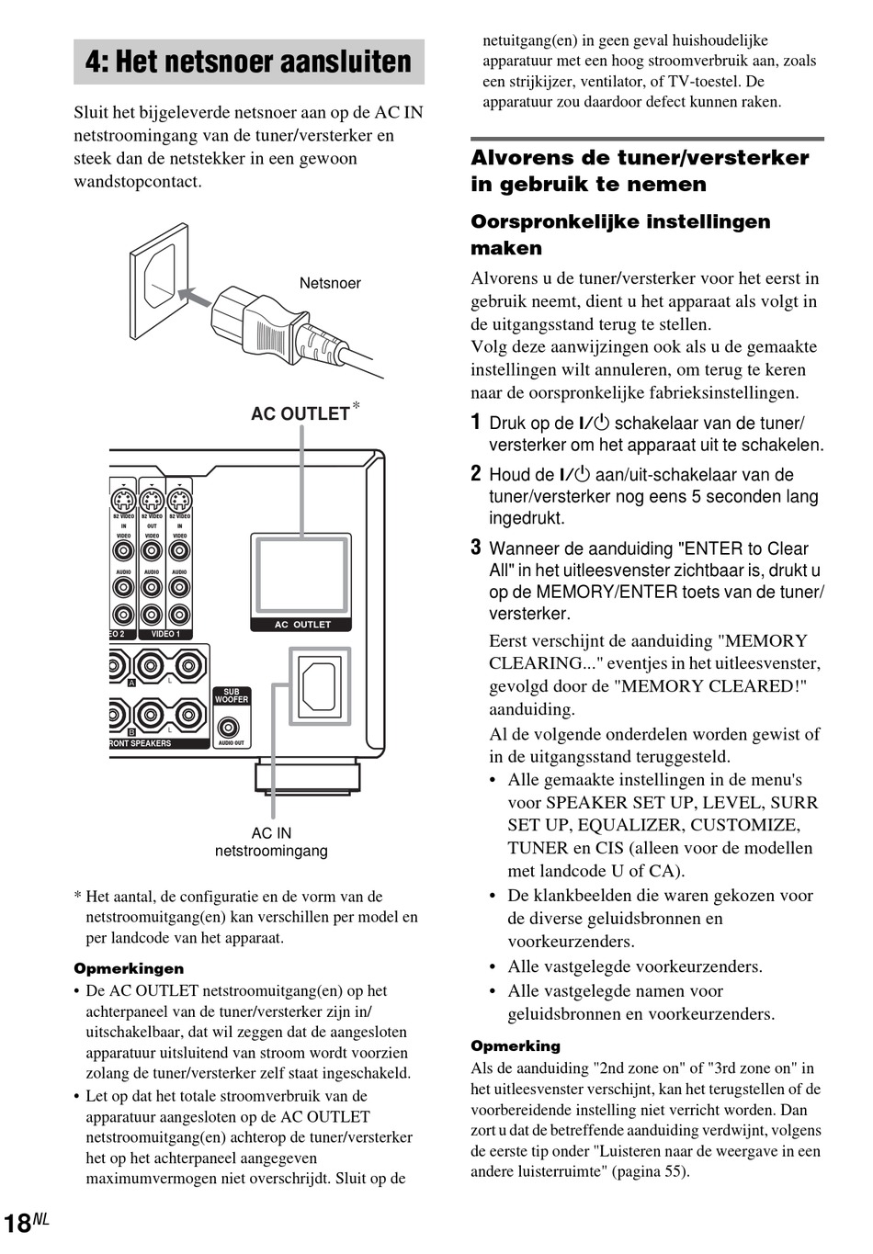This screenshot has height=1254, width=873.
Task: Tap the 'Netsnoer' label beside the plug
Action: [330, 283]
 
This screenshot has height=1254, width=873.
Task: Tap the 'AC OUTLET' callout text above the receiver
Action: [300, 413]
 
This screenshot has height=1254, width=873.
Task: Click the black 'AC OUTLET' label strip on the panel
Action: [301, 625]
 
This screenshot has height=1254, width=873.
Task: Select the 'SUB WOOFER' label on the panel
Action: [232, 696]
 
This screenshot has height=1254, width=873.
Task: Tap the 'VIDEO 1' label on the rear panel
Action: [165, 634]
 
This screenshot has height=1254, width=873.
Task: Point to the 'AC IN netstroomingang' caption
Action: [271, 842]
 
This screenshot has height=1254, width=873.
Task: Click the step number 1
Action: [476, 423]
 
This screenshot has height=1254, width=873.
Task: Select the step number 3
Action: [476, 548]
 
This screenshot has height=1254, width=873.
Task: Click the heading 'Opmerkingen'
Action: [129, 968]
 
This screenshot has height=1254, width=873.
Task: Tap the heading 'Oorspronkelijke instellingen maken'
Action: [620, 234]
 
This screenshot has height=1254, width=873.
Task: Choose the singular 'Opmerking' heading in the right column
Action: [516, 1045]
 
